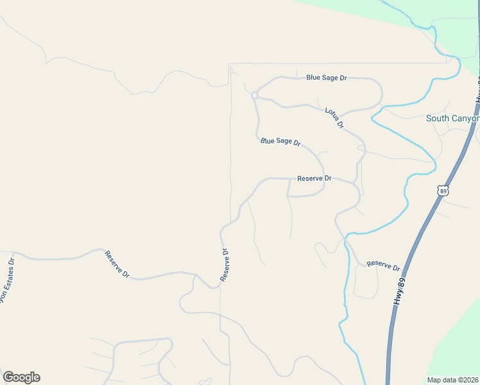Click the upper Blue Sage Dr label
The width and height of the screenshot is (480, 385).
(326, 78)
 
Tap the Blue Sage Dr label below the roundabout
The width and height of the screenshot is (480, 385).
(280, 141)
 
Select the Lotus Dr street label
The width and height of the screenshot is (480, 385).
(334, 118)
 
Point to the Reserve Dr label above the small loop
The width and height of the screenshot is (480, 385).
(314, 178)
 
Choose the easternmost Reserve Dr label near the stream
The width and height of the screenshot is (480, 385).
(383, 266)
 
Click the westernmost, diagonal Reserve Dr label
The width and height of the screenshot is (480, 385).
(117, 264)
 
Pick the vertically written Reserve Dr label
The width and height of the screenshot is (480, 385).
(225, 265)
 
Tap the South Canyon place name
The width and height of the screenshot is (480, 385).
(453, 119)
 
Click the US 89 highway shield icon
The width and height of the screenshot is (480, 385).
(442, 191)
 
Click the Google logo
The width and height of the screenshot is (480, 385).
(21, 377)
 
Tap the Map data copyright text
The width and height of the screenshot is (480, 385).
(452, 380)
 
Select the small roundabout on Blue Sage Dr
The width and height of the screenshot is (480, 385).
(255, 96)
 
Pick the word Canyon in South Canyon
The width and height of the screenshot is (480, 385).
(467, 119)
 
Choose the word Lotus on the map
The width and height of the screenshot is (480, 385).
(331, 114)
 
